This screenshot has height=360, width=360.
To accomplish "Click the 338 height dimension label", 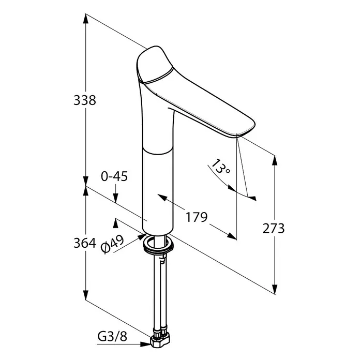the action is click(x=85, y=100).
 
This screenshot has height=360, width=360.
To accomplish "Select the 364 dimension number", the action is click(x=85, y=243).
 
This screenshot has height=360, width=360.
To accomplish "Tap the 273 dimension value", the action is click(x=274, y=229).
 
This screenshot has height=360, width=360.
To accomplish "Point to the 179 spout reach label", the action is click(x=197, y=217).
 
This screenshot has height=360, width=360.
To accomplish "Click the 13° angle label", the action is click(x=220, y=167).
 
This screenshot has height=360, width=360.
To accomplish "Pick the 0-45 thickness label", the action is click(x=114, y=176).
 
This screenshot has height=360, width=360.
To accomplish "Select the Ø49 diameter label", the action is click(x=113, y=244).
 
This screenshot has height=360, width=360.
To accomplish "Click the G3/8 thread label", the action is click(x=112, y=337).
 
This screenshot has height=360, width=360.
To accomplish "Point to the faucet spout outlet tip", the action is click(x=238, y=136).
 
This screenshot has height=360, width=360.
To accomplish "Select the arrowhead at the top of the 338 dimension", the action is click(x=86, y=19).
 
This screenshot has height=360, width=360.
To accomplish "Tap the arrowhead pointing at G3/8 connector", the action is click(x=145, y=344).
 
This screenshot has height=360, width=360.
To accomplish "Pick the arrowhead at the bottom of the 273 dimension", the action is click(x=275, y=289).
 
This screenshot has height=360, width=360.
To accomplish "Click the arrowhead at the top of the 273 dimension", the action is click(x=275, y=160).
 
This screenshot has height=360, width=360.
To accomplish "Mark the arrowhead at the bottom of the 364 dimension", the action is click(x=86, y=294).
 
